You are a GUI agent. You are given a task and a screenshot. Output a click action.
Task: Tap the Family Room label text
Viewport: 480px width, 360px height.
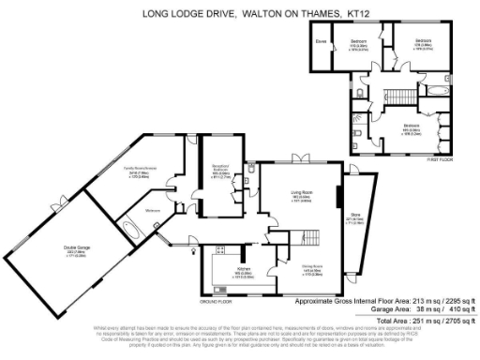(128, 172)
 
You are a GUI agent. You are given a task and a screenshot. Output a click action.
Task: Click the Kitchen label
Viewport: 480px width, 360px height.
(232, 272)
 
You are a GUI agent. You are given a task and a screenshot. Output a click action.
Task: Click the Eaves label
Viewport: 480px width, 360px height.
(321, 41)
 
